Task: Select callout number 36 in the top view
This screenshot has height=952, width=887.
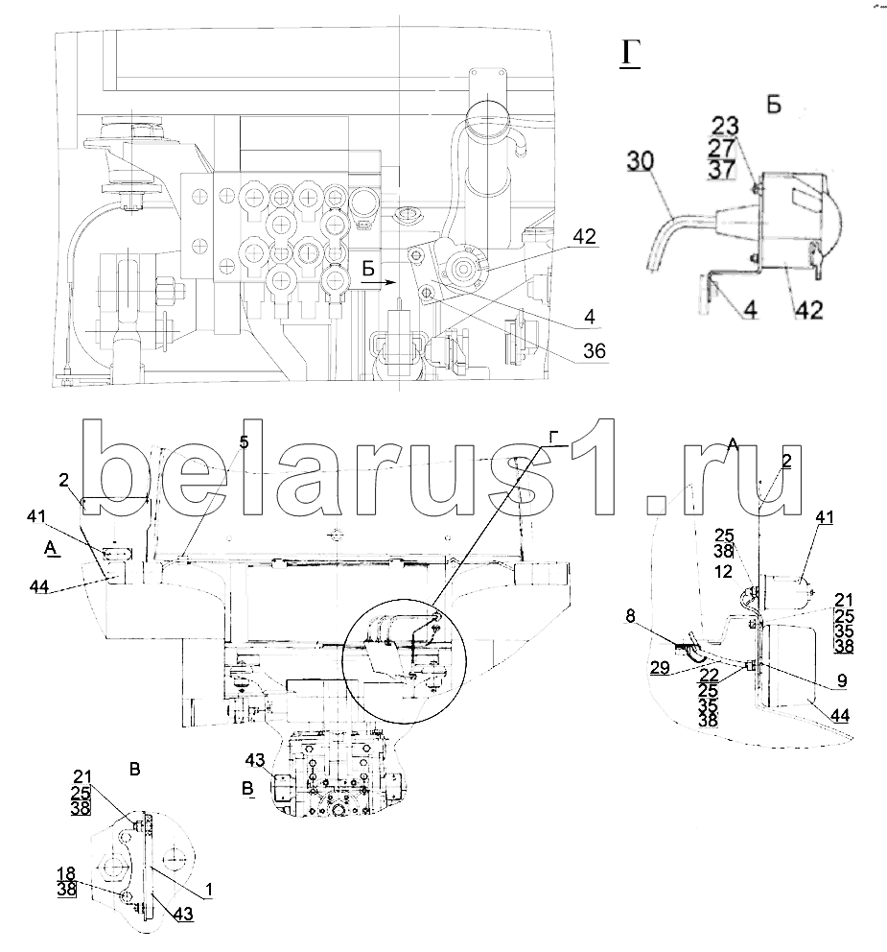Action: coord(595,352)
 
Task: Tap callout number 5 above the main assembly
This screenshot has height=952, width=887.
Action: coord(244,442)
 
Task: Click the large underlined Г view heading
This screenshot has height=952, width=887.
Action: coord(629,55)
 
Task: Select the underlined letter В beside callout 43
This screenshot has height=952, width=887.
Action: coord(249,789)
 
